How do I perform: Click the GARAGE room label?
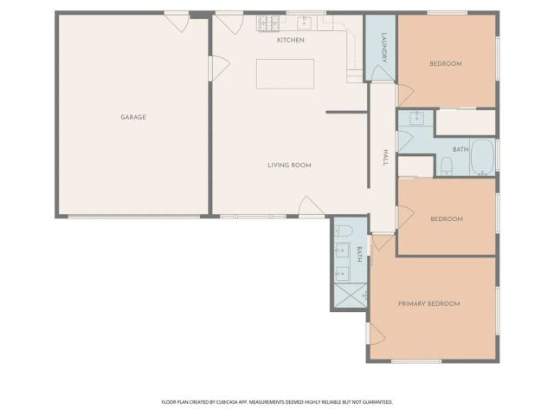click(132, 117)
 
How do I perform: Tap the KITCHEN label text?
click(290, 40)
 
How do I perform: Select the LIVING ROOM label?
click(288, 165)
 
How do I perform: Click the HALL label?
click(384, 157)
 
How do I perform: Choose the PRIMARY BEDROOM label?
click(428, 303)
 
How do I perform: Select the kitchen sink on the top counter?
click(306, 22)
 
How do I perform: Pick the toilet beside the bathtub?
click(447, 165)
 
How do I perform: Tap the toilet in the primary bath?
click(343, 231)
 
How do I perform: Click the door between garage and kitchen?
click(219, 66)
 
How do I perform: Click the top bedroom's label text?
click(446, 63)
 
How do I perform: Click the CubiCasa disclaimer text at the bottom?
click(277, 402)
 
